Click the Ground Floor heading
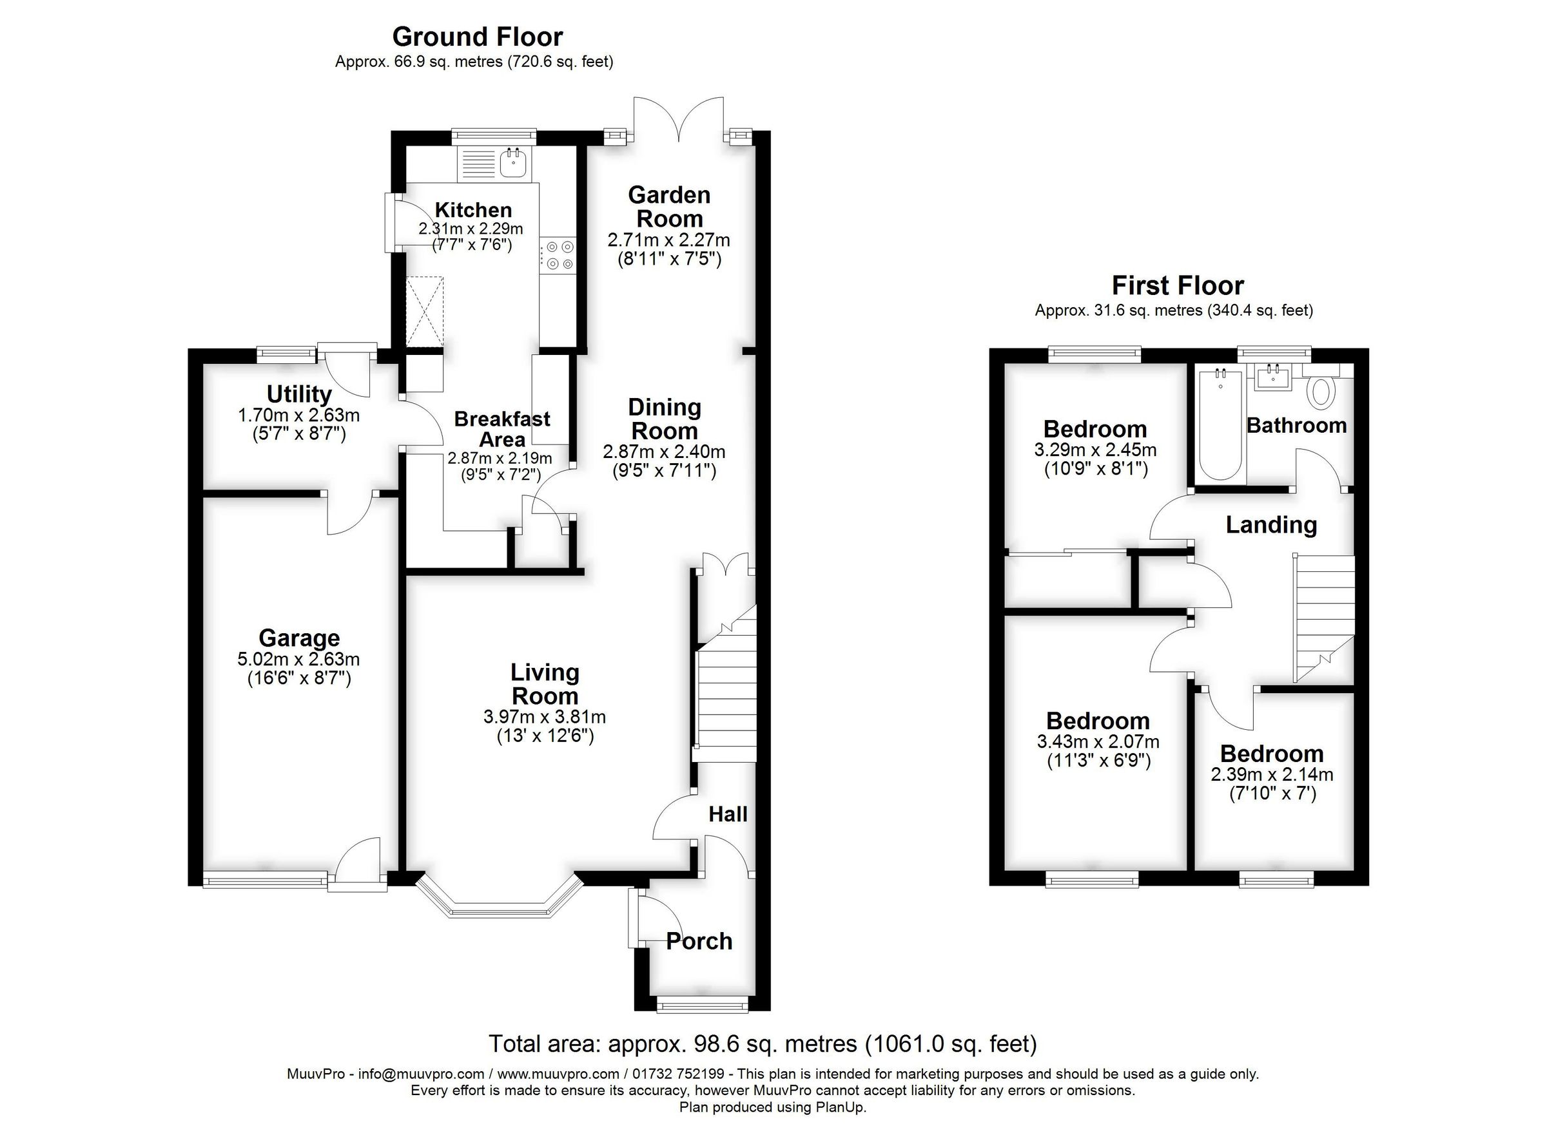pyautogui.click(x=478, y=36)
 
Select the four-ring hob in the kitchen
pyautogui.click(x=559, y=255)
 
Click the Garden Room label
pyautogui.click(x=669, y=207)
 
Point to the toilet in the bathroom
pyautogui.click(x=1322, y=393)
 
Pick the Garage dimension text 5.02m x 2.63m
pyautogui.click(x=298, y=659)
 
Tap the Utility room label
pyautogui.click(x=298, y=394)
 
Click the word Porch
pyautogui.click(x=699, y=941)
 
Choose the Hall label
pyautogui.click(x=727, y=814)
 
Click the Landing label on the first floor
pyautogui.click(x=1270, y=525)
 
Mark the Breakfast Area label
pyautogui.click(x=502, y=429)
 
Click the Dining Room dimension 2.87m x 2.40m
pyautogui.click(x=664, y=452)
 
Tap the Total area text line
pyautogui.click(x=763, y=1044)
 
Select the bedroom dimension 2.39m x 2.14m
pyautogui.click(x=1271, y=774)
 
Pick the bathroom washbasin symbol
pyautogui.click(x=1273, y=377)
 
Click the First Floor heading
pyautogui.click(x=1177, y=285)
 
